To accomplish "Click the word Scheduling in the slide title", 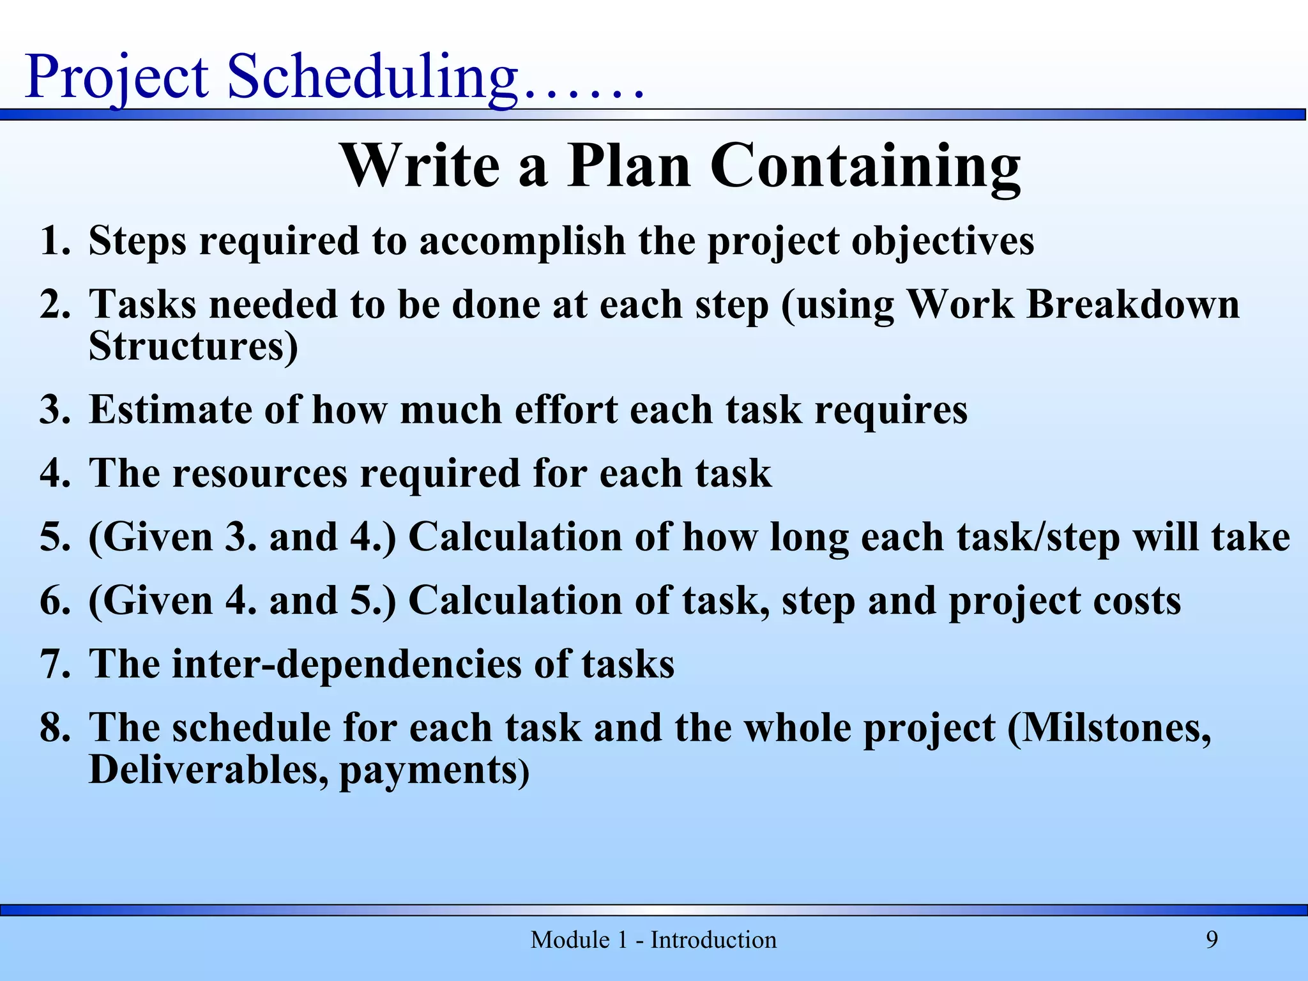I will [372, 78].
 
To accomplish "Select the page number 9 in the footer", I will [1212, 939].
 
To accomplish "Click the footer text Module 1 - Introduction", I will [653, 939].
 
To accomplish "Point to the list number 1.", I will [54, 241].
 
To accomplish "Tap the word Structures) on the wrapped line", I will [193, 347].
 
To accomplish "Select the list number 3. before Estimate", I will [54, 409].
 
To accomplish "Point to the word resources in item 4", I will [259, 473].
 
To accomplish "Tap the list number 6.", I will [54, 601].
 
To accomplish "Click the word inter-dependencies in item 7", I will [347, 664].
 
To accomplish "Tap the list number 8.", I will [54, 727].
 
